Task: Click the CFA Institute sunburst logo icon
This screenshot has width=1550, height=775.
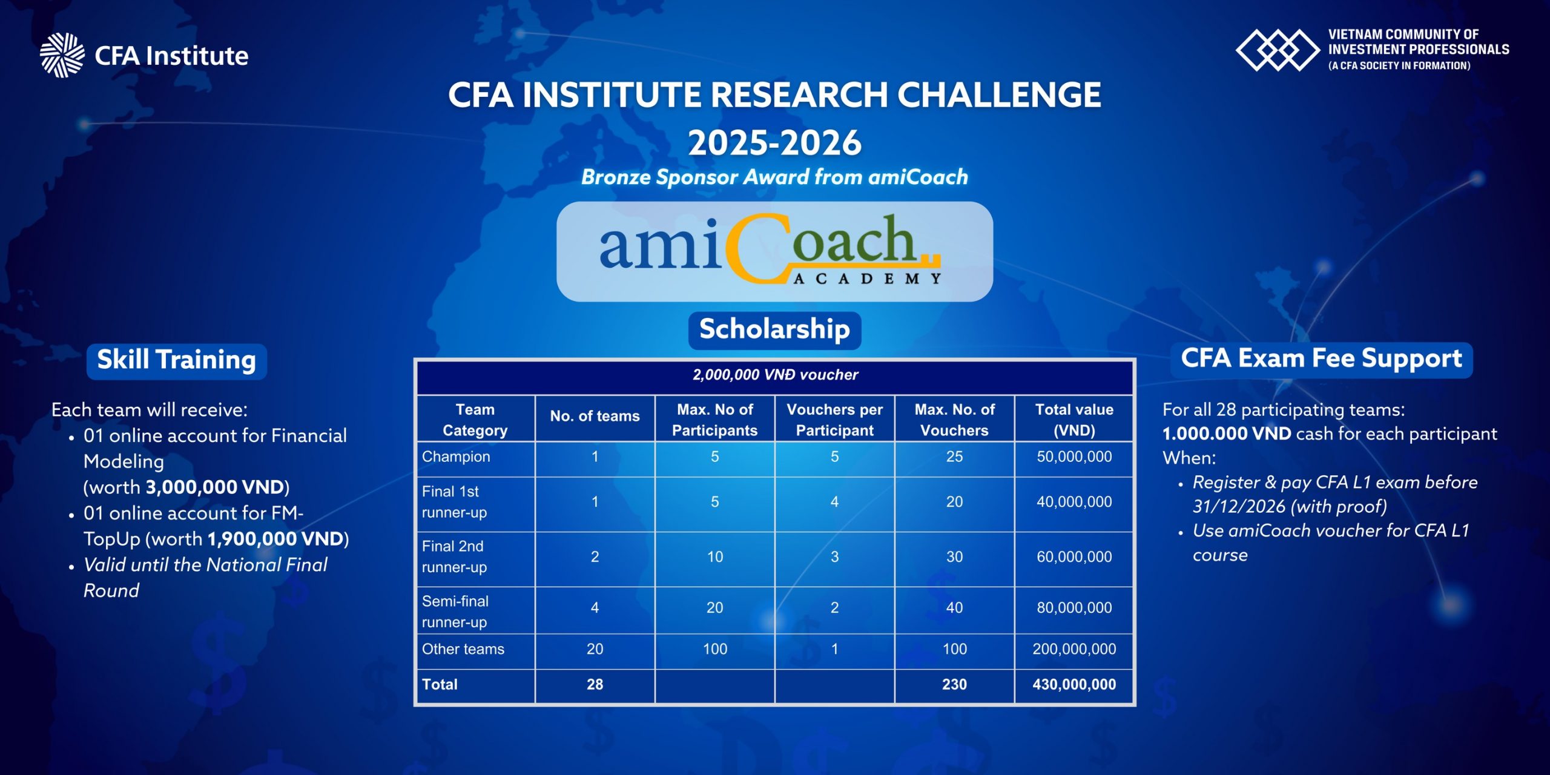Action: point(62,55)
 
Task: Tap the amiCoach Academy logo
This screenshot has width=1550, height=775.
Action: point(770,251)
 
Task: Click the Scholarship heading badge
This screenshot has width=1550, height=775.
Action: point(774,330)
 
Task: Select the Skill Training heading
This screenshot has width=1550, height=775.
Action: point(177,361)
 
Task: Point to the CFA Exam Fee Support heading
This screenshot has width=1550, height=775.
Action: point(1322,360)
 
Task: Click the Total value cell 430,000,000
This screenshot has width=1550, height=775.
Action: point(1074,685)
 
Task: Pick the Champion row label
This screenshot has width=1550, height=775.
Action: point(456,457)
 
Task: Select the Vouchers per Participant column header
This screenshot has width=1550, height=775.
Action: point(834,420)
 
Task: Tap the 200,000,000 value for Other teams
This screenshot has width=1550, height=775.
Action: point(1074,649)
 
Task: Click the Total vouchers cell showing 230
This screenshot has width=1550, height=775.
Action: point(954,685)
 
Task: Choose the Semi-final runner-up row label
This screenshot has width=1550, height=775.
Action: point(455,612)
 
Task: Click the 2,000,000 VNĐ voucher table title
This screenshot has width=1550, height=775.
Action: point(775,375)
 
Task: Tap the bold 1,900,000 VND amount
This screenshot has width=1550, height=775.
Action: point(275,539)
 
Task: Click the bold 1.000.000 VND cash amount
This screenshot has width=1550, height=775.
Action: point(1227,434)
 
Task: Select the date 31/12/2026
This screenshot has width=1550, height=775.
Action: point(1238,507)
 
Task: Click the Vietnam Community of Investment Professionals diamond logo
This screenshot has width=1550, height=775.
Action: point(1278,50)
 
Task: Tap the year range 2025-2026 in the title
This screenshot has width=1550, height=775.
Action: point(774,143)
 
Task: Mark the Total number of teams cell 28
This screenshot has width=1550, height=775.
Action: point(595,685)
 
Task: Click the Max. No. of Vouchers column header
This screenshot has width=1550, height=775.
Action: point(954,420)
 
